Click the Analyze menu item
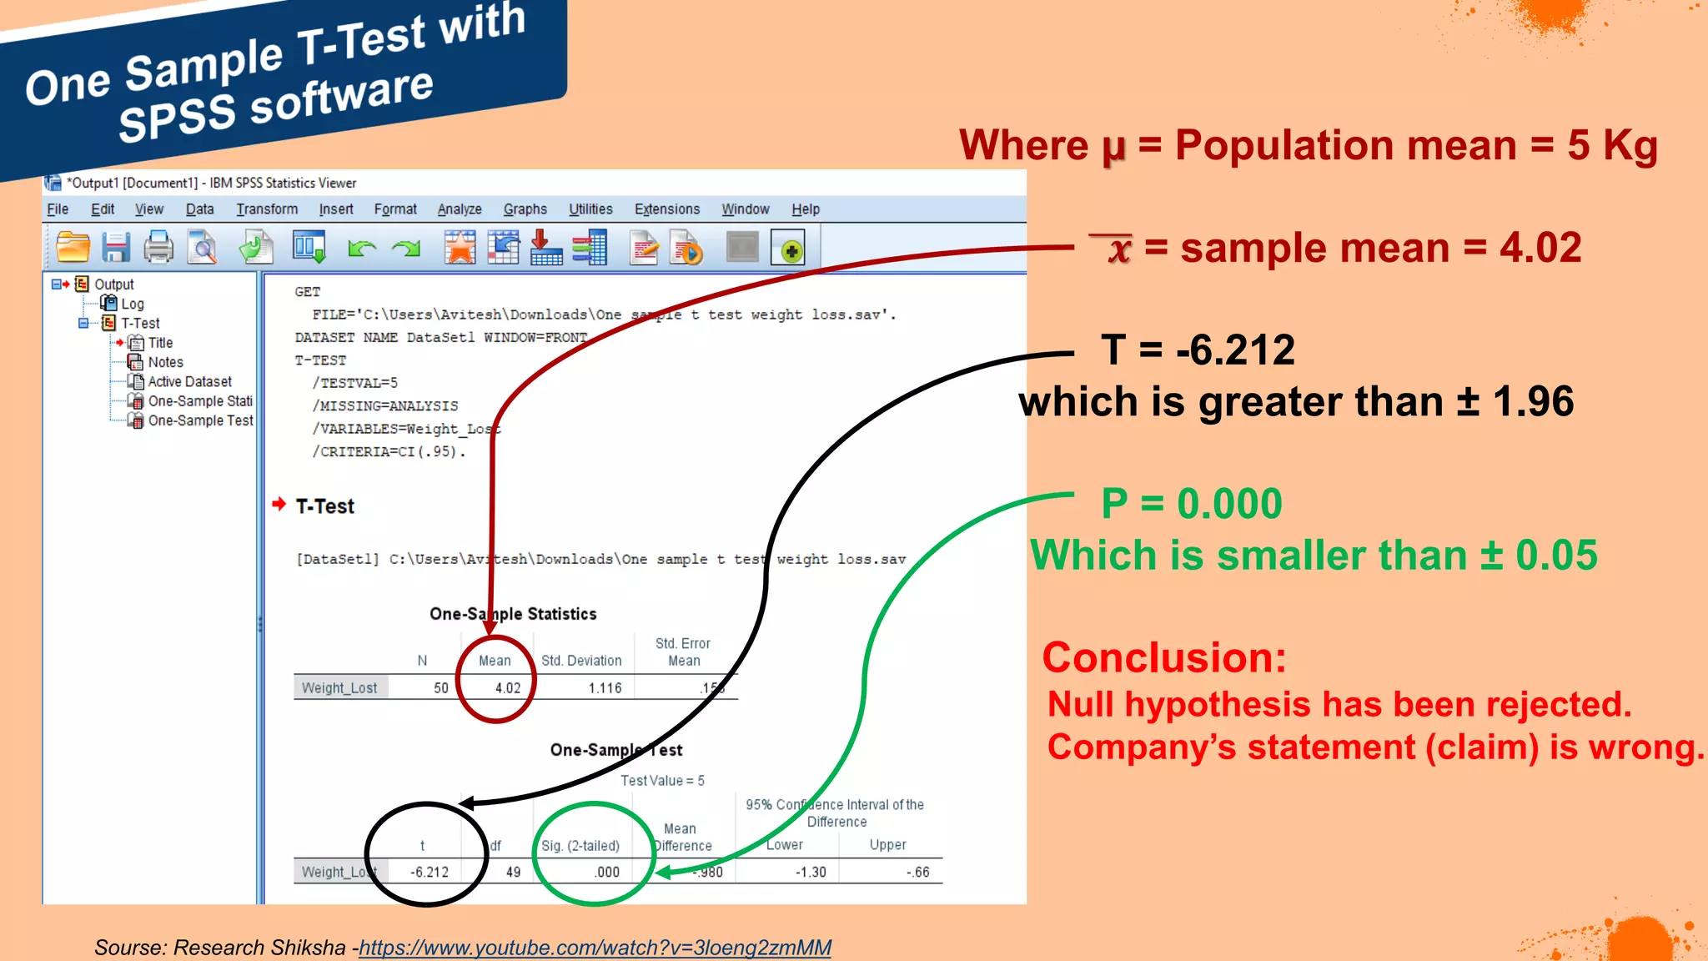pyautogui.click(x=460, y=209)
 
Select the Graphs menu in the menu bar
pyautogui.click(x=525, y=209)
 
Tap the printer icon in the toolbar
pyautogui.click(x=158, y=248)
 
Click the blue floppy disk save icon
pyautogui.click(x=116, y=248)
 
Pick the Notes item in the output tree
pyautogui.click(x=165, y=362)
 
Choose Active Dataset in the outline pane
pyautogui.click(x=189, y=381)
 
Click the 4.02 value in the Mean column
pyautogui.click(x=507, y=688)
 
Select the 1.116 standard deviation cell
pyautogui.click(x=605, y=688)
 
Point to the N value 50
pyautogui.click(x=440, y=688)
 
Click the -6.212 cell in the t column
pyautogui.click(x=430, y=872)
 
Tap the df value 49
pyautogui.click(x=513, y=872)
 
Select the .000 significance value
pyautogui.click(x=606, y=872)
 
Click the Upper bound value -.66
pyautogui.click(x=917, y=872)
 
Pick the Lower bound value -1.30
pyautogui.click(x=810, y=872)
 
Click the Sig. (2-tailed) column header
pyautogui.click(x=580, y=845)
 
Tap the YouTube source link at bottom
pyautogui.click(x=595, y=948)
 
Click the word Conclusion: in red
pyautogui.click(x=1164, y=657)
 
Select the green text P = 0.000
pyautogui.click(x=1191, y=504)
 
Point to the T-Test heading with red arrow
pyautogui.click(x=324, y=506)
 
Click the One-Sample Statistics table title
pyautogui.click(x=513, y=614)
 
